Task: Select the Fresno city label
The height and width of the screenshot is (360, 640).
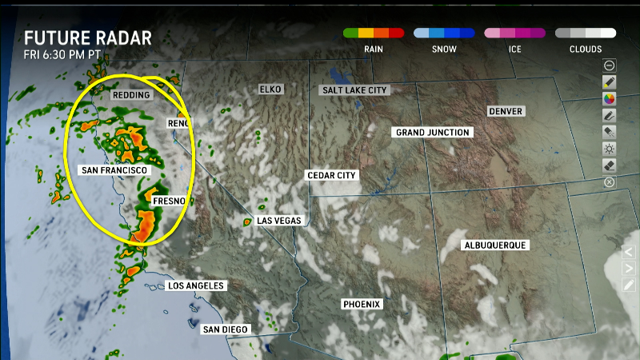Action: tap(170, 200)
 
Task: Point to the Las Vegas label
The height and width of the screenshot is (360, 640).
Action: tap(278, 220)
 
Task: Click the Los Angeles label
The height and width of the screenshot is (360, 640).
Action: tap(196, 286)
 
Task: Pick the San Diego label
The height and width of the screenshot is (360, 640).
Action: tap(226, 329)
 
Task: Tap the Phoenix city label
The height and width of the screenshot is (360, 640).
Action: tap(362, 305)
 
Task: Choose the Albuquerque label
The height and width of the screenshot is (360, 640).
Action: tap(495, 245)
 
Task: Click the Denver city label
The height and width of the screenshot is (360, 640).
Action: tap(505, 111)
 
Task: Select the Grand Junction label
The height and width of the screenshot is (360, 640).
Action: tap(434, 132)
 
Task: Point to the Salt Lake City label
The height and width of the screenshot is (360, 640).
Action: tap(355, 90)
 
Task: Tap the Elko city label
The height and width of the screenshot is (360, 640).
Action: tap(270, 89)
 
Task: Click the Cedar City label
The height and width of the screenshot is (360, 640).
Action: tap(332, 175)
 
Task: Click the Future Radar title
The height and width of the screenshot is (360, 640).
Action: tap(88, 38)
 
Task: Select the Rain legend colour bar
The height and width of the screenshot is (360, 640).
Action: tap(374, 34)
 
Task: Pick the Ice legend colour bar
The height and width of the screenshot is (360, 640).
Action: tap(514, 34)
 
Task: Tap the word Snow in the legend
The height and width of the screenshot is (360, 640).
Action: tap(444, 49)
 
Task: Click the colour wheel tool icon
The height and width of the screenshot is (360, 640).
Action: tap(610, 98)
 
